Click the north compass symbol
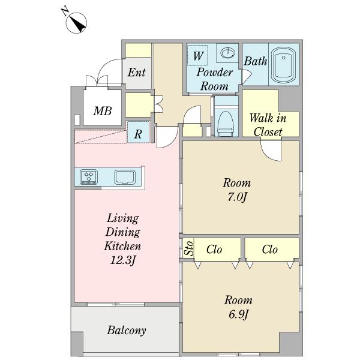[x=76, y=23]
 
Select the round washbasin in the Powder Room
[x=228, y=53]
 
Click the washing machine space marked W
[x=197, y=55]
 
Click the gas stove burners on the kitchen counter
[x=89, y=177]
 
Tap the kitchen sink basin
[x=125, y=177]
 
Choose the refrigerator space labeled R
[x=138, y=133]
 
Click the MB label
[x=103, y=111]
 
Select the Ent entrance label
[x=136, y=73]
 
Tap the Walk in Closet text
[x=268, y=125]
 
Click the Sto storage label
[x=189, y=248]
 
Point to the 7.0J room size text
[x=237, y=197]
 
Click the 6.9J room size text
[x=238, y=314]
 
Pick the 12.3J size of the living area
[x=123, y=260]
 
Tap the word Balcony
[x=127, y=331]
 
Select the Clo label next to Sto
[x=214, y=250]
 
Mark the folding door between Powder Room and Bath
[x=247, y=76]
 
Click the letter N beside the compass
[x=65, y=11]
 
